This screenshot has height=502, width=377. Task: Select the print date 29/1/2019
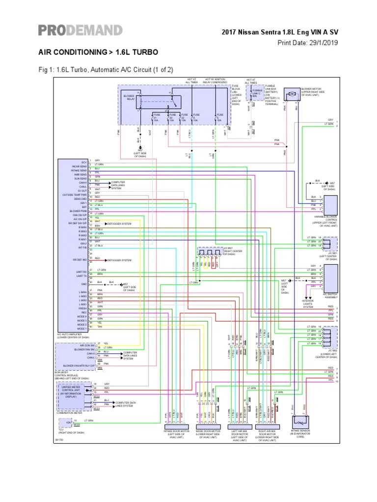[308, 43]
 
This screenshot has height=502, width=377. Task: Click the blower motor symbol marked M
[292, 93]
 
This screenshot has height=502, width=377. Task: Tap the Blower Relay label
[129, 97]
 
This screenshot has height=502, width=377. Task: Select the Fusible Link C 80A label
[257, 93]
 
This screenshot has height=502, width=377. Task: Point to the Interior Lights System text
[308, 304]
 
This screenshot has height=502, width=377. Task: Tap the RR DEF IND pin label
[80, 260]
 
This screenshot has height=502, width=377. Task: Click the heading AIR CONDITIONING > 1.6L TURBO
[98, 51]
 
